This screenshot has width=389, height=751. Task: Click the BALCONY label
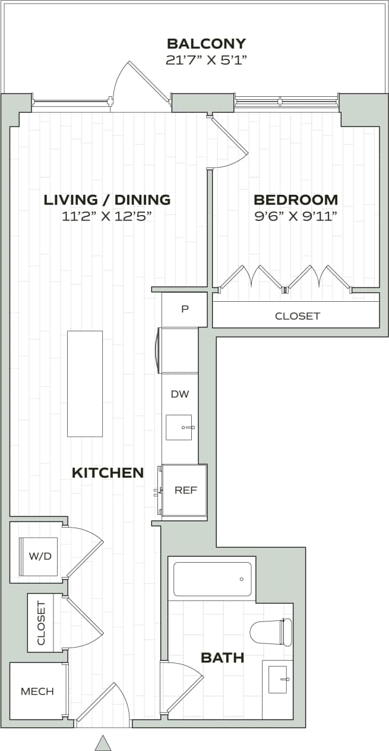tap(206, 43)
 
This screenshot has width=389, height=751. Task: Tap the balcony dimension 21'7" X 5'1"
tap(206, 59)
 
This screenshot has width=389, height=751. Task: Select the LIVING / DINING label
tap(107, 200)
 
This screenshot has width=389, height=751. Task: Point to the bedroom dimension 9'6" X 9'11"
tap(296, 216)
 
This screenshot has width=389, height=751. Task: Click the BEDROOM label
tap(296, 200)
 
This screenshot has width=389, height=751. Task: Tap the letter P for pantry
tap(185, 310)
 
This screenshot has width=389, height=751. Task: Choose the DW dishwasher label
tap(179, 394)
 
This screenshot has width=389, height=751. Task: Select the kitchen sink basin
tap(179, 427)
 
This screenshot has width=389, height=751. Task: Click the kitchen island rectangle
tap(85, 384)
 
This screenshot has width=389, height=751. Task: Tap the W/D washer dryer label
tap(39, 557)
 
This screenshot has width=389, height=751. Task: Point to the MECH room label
tap(37, 692)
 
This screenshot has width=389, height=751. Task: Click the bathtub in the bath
tap(212, 579)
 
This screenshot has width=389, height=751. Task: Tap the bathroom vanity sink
tap(278, 679)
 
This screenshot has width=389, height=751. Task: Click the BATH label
tap(223, 657)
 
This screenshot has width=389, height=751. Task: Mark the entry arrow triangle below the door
tap(103, 743)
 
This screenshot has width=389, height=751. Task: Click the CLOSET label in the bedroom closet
tap(298, 316)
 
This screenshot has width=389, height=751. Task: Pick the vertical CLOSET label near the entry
tap(41, 623)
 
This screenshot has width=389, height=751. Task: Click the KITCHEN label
tap(107, 473)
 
